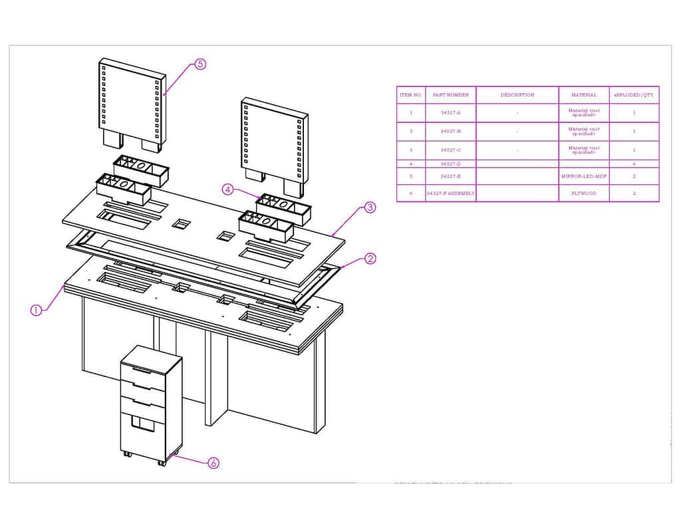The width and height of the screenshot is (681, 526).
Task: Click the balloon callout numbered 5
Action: coord(200,64)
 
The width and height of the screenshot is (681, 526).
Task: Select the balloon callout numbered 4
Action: coord(228,190)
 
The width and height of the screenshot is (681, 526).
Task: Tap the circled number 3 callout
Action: coord(370,207)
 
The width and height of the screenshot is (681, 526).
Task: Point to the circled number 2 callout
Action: coord(370,259)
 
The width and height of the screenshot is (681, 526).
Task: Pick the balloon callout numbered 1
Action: coord(37,310)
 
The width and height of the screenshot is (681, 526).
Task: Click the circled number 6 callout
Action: coord(213,463)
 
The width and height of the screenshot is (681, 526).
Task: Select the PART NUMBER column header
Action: coord(451,95)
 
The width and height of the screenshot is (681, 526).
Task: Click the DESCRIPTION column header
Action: coord(517,95)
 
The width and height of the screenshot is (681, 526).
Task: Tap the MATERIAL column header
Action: coord(583,95)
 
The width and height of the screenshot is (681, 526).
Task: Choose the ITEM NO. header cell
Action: coord(410,95)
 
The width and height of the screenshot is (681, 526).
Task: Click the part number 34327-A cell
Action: coord(451,113)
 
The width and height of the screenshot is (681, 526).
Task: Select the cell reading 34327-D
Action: coord(451,164)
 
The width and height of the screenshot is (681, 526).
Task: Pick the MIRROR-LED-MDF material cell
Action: coord(583,176)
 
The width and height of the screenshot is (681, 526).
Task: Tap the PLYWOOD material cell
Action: coord(583,194)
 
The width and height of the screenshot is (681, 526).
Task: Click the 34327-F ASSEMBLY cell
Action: coord(451,194)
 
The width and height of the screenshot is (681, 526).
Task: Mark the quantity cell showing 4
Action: coord(634,164)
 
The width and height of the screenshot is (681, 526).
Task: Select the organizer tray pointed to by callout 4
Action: coord(283,207)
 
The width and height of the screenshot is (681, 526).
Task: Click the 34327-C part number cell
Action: coord(451,150)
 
